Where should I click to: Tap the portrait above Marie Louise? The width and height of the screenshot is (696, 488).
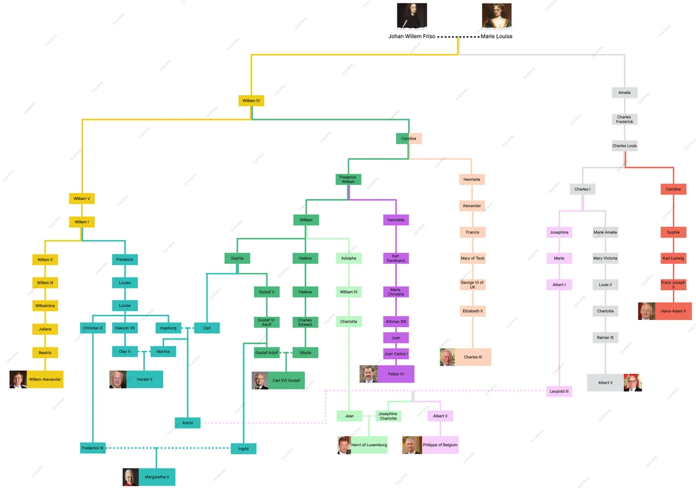(496, 15)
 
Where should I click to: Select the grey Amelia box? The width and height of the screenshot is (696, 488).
(624, 93)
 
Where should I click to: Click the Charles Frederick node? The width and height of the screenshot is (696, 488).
(624, 120)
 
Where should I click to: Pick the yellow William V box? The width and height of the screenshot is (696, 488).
(82, 198)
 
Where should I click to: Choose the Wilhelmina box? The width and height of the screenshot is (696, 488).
(45, 305)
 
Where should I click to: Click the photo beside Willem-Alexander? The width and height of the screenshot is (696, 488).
(18, 379)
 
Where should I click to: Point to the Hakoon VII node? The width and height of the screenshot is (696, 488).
(125, 328)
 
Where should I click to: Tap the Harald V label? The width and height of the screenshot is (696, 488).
(145, 379)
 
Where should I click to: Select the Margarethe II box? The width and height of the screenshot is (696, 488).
(157, 477)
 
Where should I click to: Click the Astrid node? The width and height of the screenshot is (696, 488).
(188, 423)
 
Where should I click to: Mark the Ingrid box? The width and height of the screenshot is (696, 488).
(244, 448)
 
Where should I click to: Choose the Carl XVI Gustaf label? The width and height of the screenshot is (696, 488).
(285, 380)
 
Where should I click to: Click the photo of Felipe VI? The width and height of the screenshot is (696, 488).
(368, 374)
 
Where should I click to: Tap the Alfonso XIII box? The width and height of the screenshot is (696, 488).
(396, 321)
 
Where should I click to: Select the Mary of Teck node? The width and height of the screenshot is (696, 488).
(472, 258)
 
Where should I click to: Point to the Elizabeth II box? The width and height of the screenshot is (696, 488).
(472, 311)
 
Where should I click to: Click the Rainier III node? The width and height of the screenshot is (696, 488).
(605, 337)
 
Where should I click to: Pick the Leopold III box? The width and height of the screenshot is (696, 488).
(559, 391)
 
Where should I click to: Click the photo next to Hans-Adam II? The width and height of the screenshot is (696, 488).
(646, 311)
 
